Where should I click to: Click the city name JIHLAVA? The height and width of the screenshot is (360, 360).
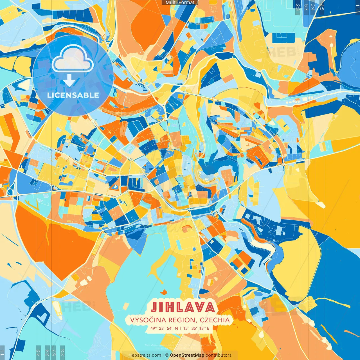[183, 307]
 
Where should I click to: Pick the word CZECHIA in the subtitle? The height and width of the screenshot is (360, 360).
[215, 320]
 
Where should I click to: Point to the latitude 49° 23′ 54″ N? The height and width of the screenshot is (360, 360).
[164, 328]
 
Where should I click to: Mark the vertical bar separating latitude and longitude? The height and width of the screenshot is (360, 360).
[181, 328]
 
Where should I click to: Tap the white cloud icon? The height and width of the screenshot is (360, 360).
[73, 58]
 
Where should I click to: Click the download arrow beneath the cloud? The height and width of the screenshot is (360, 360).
[69, 81]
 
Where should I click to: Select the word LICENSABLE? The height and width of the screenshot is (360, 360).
[73, 95]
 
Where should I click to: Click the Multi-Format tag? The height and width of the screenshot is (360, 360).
[180, 3]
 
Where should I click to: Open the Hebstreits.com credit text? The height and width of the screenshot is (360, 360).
[145, 355]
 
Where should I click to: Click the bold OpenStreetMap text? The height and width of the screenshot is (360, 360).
[187, 355]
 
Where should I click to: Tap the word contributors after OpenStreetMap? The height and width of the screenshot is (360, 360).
[219, 355]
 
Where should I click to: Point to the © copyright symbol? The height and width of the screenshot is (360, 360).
[166, 355]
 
